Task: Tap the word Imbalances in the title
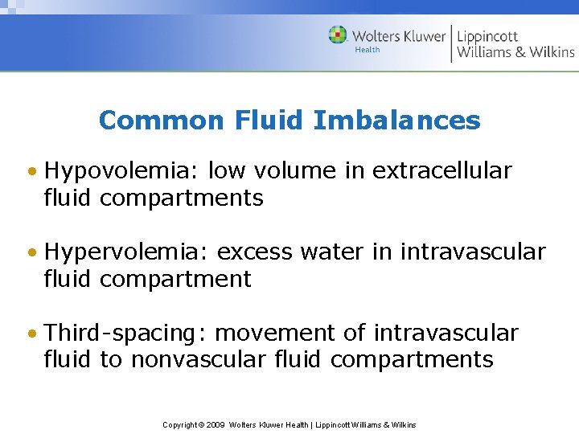coord(396,121)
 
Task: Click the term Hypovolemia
coord(122,171)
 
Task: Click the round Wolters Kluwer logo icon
coord(338,35)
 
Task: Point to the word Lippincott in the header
coord(487,36)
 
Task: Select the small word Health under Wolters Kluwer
coord(368,50)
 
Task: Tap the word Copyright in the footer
coord(179,424)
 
